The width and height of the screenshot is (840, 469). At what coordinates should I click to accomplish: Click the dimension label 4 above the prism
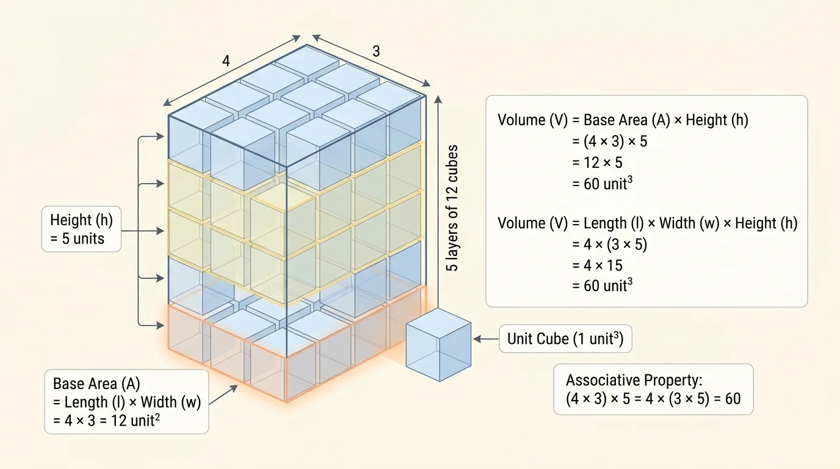(226, 61)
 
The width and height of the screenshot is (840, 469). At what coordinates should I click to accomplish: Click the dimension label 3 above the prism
(376, 52)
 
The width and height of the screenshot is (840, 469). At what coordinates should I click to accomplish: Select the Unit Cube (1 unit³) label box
(565, 338)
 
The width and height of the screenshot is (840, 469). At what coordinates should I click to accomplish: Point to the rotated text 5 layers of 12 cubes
(452, 208)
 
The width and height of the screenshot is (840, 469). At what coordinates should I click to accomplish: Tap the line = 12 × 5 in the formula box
(597, 162)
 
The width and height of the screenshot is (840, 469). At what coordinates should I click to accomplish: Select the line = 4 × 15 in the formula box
(597, 265)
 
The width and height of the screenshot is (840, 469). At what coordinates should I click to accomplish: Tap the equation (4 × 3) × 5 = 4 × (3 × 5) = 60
(653, 399)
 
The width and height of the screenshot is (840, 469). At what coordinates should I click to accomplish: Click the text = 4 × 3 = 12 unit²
(106, 421)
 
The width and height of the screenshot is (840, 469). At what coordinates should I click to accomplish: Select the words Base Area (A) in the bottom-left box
(96, 384)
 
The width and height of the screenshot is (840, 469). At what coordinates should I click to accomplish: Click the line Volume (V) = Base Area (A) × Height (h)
(623, 120)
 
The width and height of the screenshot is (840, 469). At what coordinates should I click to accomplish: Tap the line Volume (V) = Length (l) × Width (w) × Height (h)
(647, 224)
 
